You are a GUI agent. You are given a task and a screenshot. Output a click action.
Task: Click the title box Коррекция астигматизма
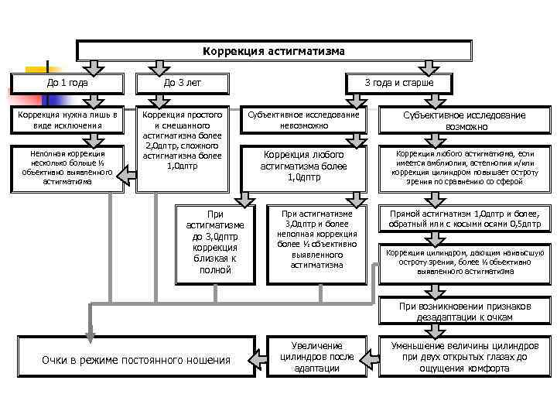(274, 50)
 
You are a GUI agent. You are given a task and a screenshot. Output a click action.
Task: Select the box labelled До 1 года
(67, 83)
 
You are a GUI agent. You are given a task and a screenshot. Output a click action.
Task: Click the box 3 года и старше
(398, 83)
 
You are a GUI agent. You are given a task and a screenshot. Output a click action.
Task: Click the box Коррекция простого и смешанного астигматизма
(183, 147)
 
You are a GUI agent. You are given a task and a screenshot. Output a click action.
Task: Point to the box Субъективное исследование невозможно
(303, 120)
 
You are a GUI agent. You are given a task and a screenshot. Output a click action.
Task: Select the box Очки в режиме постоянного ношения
(136, 359)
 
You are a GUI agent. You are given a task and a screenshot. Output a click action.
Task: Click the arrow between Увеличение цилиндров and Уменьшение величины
(369, 356)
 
